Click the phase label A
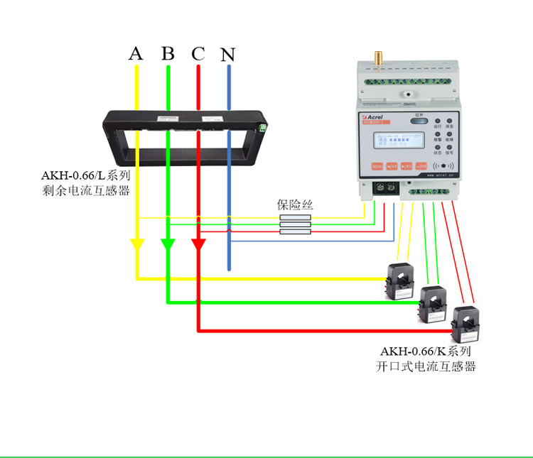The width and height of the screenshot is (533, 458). coord(136,53)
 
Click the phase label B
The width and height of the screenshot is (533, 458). coord(168,53)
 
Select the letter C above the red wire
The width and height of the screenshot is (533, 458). coord(198,53)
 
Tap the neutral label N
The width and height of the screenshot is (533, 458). coord(227,54)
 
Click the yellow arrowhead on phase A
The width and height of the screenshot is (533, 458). coord(136,244)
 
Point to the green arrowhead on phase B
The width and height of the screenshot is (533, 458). coord(168,244)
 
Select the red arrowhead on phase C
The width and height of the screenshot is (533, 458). coord(198,244)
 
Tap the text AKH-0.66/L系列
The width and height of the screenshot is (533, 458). coord(85,175)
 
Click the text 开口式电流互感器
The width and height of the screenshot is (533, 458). coord(426,366)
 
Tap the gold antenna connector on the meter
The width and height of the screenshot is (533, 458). coord(379,58)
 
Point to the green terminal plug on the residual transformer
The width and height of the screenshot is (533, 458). coord(264,128)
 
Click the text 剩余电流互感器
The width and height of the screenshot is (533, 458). coord(87,190)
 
